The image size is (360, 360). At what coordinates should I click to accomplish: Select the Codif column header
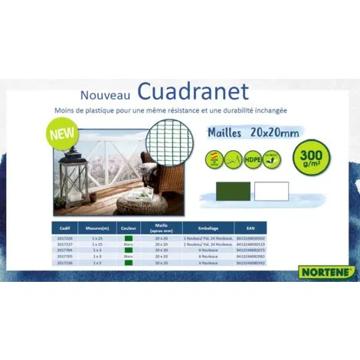(67, 227)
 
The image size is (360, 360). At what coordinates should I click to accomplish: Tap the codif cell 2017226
(66, 238)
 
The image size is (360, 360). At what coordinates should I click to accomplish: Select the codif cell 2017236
(66, 263)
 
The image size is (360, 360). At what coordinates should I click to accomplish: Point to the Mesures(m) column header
(97, 227)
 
